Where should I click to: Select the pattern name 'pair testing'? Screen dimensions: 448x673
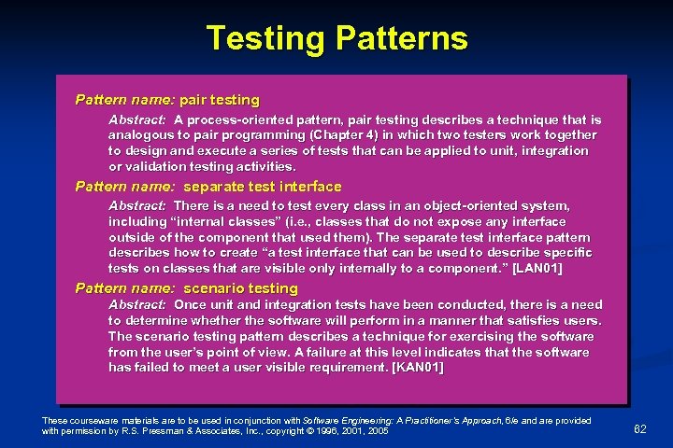click(222, 99)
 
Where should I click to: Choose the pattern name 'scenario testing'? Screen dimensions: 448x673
click(240, 287)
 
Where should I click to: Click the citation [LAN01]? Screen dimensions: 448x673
click(531, 268)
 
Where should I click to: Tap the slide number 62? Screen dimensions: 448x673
click(640, 428)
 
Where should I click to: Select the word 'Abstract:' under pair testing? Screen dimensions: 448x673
click(137, 120)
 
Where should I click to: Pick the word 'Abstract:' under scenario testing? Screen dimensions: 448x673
click(137, 305)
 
